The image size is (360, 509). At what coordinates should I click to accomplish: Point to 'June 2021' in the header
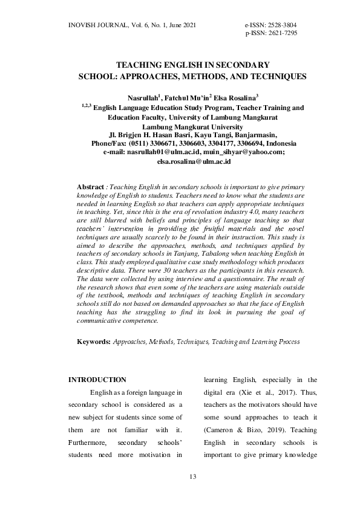(180, 25)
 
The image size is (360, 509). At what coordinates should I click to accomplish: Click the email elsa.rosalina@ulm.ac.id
(194, 162)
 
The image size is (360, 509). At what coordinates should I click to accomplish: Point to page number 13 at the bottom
(193, 478)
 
